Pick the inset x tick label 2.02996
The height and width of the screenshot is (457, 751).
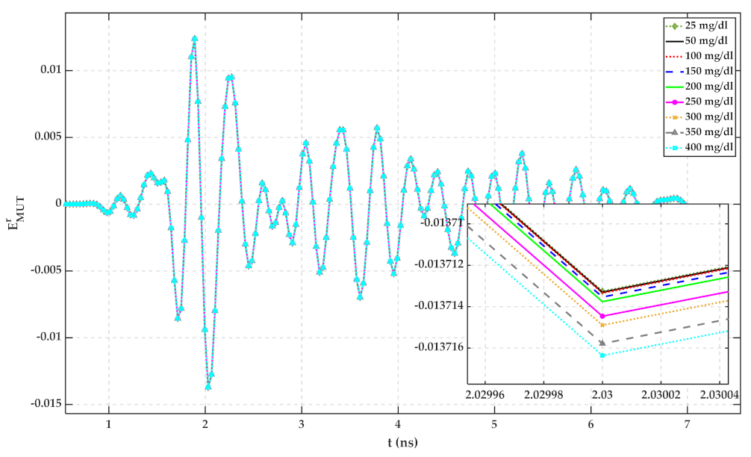click(486, 393)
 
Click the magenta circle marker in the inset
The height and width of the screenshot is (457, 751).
click(602, 317)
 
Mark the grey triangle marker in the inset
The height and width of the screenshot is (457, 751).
click(602, 343)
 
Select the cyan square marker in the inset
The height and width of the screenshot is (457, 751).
click(602, 355)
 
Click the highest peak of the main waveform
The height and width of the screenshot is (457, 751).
click(194, 38)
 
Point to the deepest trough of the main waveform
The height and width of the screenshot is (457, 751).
click(208, 387)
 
